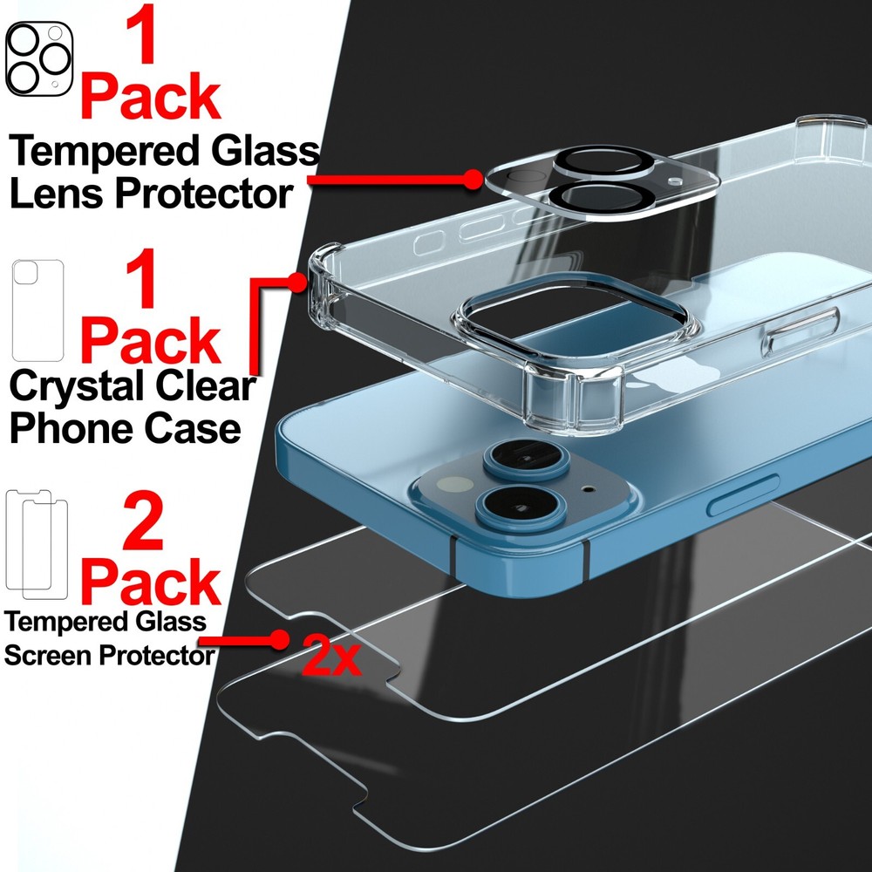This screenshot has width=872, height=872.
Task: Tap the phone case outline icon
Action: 37,310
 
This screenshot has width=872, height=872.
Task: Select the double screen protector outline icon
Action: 37,542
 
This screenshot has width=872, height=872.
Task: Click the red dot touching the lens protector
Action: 472,179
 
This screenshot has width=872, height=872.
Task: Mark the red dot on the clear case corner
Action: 301,282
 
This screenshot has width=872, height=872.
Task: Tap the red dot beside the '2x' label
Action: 280,639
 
